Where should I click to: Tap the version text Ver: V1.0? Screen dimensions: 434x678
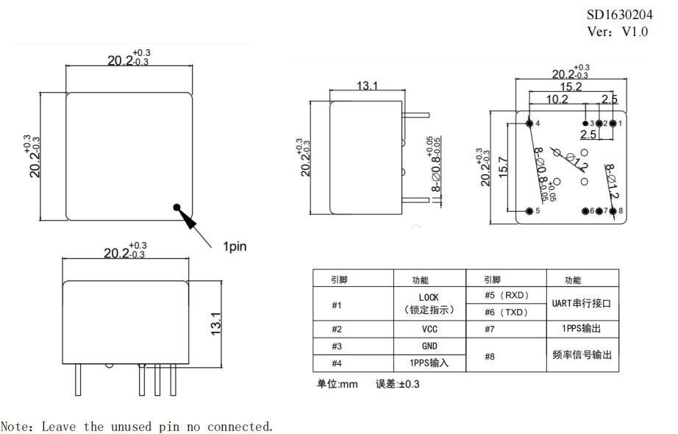point(618,32)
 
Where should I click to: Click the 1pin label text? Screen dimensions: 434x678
point(235,246)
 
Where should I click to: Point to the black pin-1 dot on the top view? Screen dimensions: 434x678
point(176,207)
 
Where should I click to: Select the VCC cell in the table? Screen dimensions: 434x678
point(429,329)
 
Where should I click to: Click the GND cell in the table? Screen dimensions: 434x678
point(429,346)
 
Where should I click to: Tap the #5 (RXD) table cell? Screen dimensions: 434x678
point(506,295)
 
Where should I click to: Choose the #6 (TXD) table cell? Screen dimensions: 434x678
point(506,312)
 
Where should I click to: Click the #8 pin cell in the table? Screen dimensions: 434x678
point(506,355)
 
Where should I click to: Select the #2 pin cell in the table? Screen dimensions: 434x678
point(352,329)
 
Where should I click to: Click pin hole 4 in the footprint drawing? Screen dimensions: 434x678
point(529,123)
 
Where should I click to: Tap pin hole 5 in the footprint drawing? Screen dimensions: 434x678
point(529,211)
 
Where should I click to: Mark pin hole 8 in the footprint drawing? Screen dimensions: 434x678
point(613,211)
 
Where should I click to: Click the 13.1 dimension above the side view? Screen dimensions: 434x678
point(367,86)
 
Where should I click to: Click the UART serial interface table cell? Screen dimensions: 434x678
point(582,303)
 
